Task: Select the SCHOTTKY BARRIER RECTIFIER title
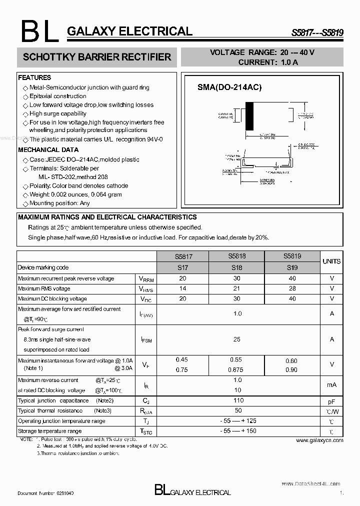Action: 97,57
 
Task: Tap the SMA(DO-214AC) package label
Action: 229,87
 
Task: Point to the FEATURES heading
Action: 34,78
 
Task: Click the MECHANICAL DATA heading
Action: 48,150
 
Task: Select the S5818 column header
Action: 236,256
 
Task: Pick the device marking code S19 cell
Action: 292,267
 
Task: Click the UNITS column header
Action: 331,261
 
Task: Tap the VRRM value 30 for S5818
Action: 236,278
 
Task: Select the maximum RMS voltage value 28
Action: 292,288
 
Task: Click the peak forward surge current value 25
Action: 237,339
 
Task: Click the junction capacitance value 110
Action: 238,400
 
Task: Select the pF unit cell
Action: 331,401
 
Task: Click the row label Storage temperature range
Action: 49,431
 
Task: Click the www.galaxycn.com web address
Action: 319,440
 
